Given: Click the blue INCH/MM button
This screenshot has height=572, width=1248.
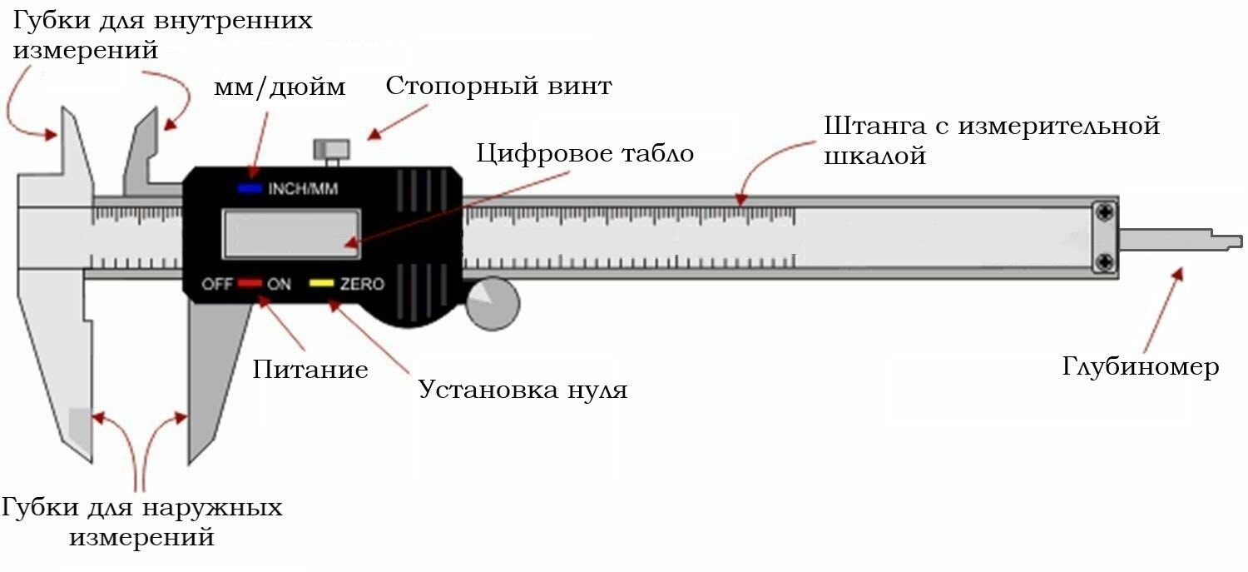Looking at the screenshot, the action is (x=250, y=189).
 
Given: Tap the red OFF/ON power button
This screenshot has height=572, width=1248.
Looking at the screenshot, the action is (x=250, y=284).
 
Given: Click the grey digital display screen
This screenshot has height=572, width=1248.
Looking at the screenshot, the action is (x=290, y=233).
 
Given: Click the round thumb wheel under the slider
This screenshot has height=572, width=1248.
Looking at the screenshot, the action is (x=492, y=305).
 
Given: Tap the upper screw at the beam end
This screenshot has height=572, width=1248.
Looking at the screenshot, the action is (x=1105, y=213).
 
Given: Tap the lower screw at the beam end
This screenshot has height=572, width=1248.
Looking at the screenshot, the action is (x=1105, y=263).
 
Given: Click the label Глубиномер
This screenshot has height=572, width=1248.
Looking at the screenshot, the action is (x=1141, y=367).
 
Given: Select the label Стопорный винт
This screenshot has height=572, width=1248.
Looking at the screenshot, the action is (x=498, y=87).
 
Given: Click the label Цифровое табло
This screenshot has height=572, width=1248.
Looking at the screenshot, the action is (x=585, y=154).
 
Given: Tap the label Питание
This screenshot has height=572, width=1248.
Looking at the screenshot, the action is (x=310, y=370).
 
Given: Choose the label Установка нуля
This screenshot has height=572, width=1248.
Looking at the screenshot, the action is (x=522, y=390).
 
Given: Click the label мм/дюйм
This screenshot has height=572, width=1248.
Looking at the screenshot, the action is (x=280, y=87).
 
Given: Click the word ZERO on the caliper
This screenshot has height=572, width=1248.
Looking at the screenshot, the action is (x=362, y=285).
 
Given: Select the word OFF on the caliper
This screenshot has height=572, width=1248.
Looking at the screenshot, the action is (x=216, y=285).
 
